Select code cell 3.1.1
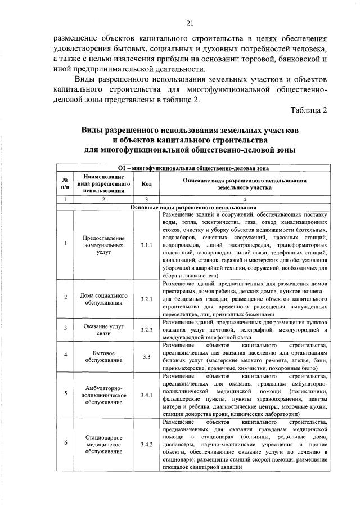147,245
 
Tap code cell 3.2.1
147,299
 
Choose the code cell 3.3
147,356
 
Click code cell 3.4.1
147,395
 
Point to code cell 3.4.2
147,444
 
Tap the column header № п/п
66,183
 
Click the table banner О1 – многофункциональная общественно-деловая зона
194,168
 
